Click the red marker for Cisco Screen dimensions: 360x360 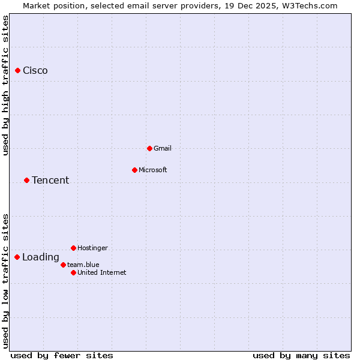pos(18,71)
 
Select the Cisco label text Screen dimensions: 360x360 pos(35,71)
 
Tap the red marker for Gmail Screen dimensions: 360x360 pos(149,148)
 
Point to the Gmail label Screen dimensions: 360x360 pos(163,148)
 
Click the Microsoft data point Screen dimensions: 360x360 pos(134,170)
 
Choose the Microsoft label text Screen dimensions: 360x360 pos(152,170)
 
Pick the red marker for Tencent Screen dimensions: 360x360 pos(26,180)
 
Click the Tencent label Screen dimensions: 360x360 pos(50,180)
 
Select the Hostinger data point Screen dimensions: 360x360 pos(73,248)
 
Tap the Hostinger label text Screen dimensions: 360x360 pos(92,248)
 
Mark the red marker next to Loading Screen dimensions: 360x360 pos(17,257)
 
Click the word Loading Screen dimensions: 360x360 pos(41,257)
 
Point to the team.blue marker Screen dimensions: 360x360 pos(63,265)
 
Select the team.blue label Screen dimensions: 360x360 pos(83,265)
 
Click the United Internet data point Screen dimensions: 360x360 pos(73,272)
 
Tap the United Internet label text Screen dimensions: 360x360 pos(102,272)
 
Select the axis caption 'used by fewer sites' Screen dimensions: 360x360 pos(62,355)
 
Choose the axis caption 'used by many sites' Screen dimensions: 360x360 pos(301,355)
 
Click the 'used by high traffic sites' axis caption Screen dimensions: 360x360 pos(5,85)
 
